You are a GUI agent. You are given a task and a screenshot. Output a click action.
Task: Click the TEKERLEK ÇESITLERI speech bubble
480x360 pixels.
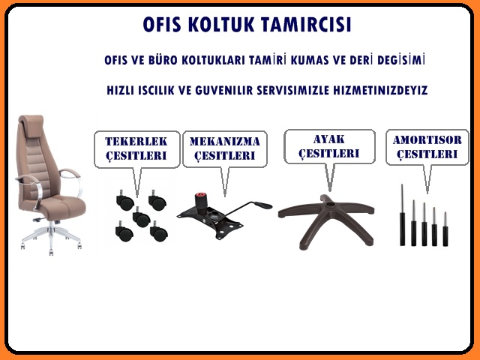click(x=136, y=148)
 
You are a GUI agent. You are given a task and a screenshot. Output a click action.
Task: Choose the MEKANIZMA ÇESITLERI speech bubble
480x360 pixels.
click(x=224, y=148)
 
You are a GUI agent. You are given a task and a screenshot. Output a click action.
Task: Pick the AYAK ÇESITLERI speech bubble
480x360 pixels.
click(x=329, y=145)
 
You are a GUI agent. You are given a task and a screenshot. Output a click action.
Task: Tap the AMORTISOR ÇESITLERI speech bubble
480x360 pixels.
click(x=426, y=146)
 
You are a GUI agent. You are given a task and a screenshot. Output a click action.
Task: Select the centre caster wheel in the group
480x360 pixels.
click(x=140, y=218)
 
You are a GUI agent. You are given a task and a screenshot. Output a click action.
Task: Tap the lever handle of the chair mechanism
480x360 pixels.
click(x=255, y=204)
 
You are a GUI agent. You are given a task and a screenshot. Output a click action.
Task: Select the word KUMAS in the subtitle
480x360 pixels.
click(x=322, y=58)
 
